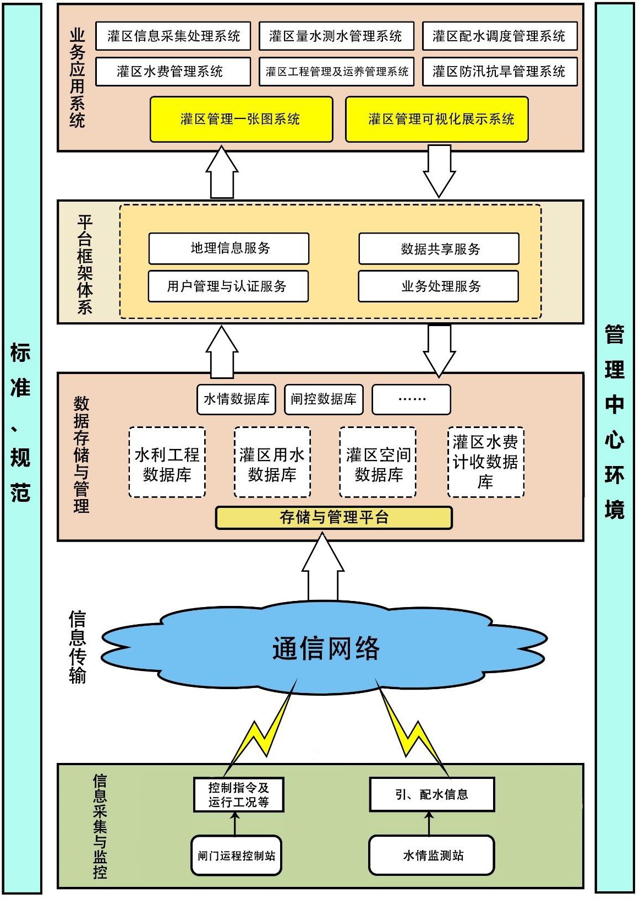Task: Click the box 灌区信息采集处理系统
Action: coord(173,36)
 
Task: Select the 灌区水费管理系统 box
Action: coord(173,72)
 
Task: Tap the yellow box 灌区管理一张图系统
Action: coord(241,119)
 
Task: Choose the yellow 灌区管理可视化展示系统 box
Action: coord(436,119)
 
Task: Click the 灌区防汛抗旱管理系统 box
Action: coord(499,72)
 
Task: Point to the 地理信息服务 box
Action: coord(228,248)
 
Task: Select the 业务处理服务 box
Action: coord(438,286)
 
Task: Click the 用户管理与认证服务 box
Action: coord(228,286)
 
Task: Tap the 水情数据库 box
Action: coord(237,399)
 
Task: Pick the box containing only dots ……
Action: coord(411,399)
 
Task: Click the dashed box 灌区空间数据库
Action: coord(378,463)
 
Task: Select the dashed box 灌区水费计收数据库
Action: coord(485,462)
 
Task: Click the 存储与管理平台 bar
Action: coord(333,518)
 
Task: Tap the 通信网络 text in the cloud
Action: coord(326,648)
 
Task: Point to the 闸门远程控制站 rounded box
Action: coord(236,855)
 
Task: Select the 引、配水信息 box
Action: coord(431,794)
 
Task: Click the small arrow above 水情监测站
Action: coord(430,823)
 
